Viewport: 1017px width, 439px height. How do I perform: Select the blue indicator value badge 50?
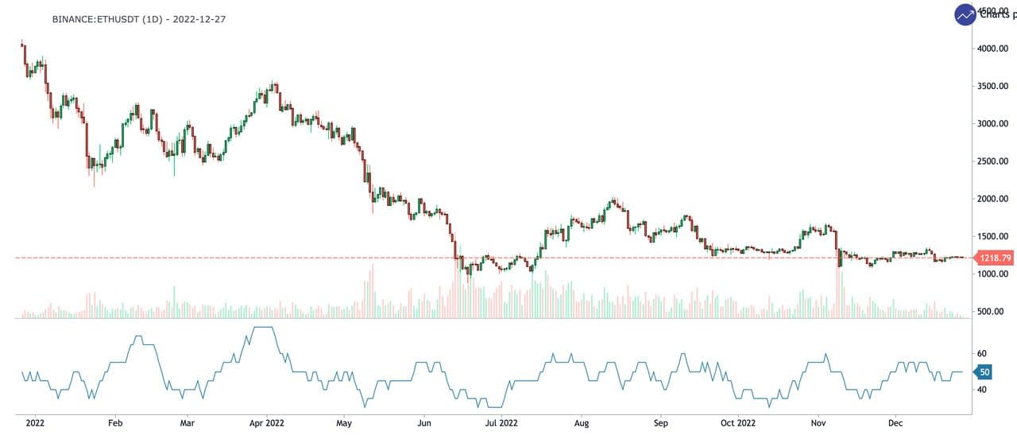[984, 371]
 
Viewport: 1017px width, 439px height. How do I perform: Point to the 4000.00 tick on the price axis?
[993, 49]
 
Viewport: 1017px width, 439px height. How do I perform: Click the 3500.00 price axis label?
[993, 86]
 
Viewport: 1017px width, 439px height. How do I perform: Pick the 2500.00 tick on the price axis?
[993, 161]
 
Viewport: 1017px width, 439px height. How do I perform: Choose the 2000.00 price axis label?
[993, 199]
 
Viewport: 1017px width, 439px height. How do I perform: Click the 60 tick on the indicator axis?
[982, 353]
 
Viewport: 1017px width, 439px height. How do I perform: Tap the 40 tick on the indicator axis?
[982, 390]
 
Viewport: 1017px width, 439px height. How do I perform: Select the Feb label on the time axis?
[114, 423]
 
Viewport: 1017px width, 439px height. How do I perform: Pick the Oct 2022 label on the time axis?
[737, 423]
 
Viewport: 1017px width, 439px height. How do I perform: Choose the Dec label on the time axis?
[895, 423]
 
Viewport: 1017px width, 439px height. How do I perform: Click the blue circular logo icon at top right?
[965, 14]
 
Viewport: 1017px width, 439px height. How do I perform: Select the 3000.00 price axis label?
[993, 124]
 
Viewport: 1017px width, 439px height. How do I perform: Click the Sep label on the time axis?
[659, 423]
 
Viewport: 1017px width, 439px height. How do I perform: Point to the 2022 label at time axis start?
[36, 423]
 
